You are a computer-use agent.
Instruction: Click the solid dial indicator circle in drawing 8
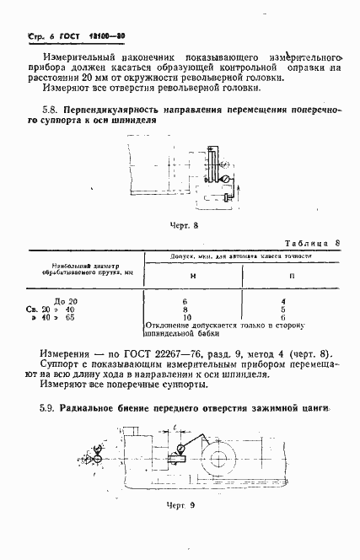pos(225,180)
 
